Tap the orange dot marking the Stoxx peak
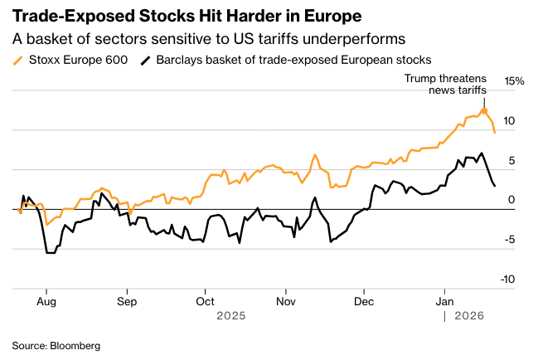pyautogui.click(x=484, y=110)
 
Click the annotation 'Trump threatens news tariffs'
pyautogui.click(x=445, y=83)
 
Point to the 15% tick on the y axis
pyautogui.click(x=515, y=81)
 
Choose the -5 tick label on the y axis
pyautogui.click(x=511, y=240)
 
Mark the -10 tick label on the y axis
pyautogui.click(x=509, y=280)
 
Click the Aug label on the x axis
pyautogui.click(x=47, y=301)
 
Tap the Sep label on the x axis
pyautogui.click(x=126, y=301)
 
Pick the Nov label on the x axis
pyautogui.click(x=285, y=301)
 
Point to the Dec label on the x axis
pyautogui.click(x=363, y=301)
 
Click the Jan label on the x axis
pyautogui.click(x=444, y=301)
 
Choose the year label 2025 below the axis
pyautogui.click(x=231, y=316)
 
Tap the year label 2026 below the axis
pyautogui.click(x=470, y=316)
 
